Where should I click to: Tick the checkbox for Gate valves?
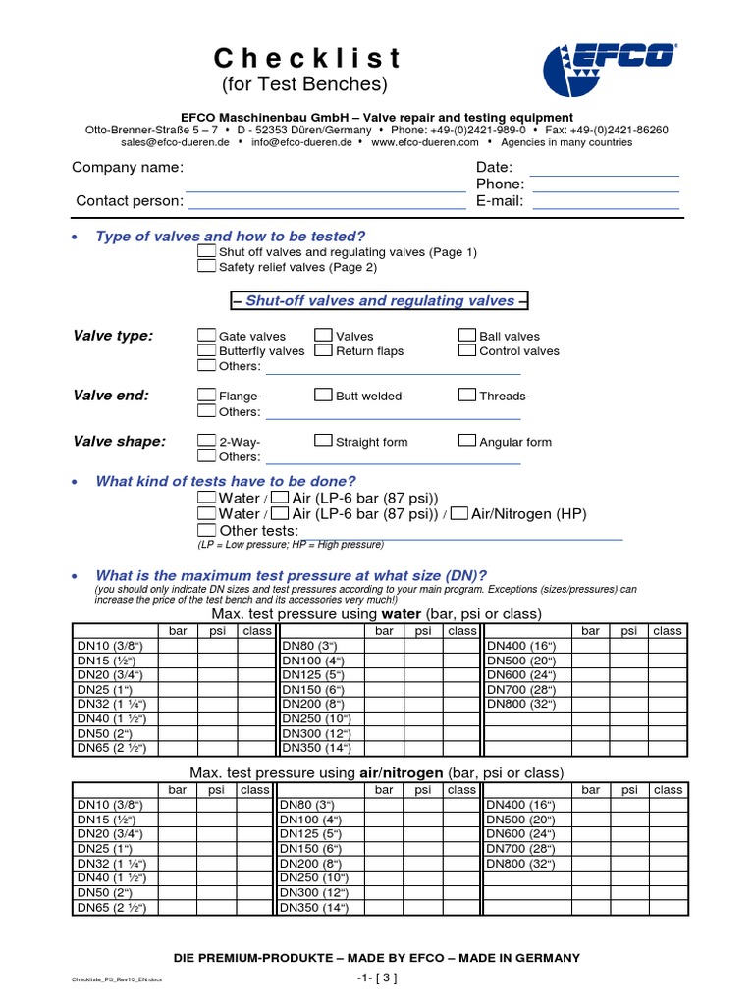point(206,336)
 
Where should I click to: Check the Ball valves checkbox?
point(467,336)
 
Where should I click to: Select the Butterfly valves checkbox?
point(206,350)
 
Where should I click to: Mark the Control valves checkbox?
point(467,350)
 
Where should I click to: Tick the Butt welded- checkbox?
point(323,396)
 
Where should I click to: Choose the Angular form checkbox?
point(467,441)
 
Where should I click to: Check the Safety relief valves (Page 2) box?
point(206,266)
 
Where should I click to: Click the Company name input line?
point(325,184)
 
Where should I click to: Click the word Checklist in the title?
point(307,58)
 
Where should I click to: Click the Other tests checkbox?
point(206,530)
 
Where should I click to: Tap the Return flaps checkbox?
point(323,350)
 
